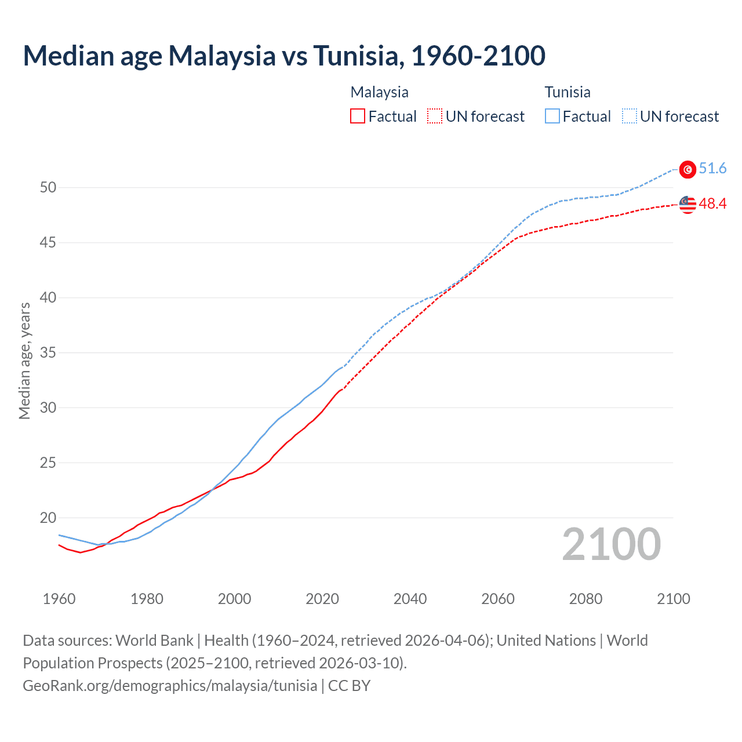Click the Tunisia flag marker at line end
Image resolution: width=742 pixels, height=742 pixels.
(688, 169)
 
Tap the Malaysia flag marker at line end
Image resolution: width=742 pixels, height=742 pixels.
(688, 205)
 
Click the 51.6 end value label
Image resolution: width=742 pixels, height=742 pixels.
(712, 169)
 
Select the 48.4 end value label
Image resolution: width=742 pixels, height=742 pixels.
(712, 204)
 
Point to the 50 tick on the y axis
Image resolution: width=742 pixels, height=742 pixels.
(48, 187)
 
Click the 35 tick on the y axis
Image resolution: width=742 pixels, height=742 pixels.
(48, 352)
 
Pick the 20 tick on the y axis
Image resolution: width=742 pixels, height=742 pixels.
(48, 518)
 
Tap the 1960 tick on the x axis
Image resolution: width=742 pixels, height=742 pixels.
(59, 599)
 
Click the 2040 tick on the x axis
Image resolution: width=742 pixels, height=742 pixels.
(410, 599)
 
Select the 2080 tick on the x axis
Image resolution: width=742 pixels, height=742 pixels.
(585, 599)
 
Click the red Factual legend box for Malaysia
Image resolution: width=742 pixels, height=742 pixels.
(358, 117)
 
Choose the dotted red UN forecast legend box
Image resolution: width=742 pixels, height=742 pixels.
(435, 117)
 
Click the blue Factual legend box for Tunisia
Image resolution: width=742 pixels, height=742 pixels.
(552, 117)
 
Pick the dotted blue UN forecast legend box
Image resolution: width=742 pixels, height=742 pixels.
(629, 117)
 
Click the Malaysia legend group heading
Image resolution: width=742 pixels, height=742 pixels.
(379, 92)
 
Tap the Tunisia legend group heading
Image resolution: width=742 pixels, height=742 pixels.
(568, 92)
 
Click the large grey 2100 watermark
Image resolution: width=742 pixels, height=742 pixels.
(612, 544)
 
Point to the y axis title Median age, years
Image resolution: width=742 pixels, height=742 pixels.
(24, 361)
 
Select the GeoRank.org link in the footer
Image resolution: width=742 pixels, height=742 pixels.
(170, 686)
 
